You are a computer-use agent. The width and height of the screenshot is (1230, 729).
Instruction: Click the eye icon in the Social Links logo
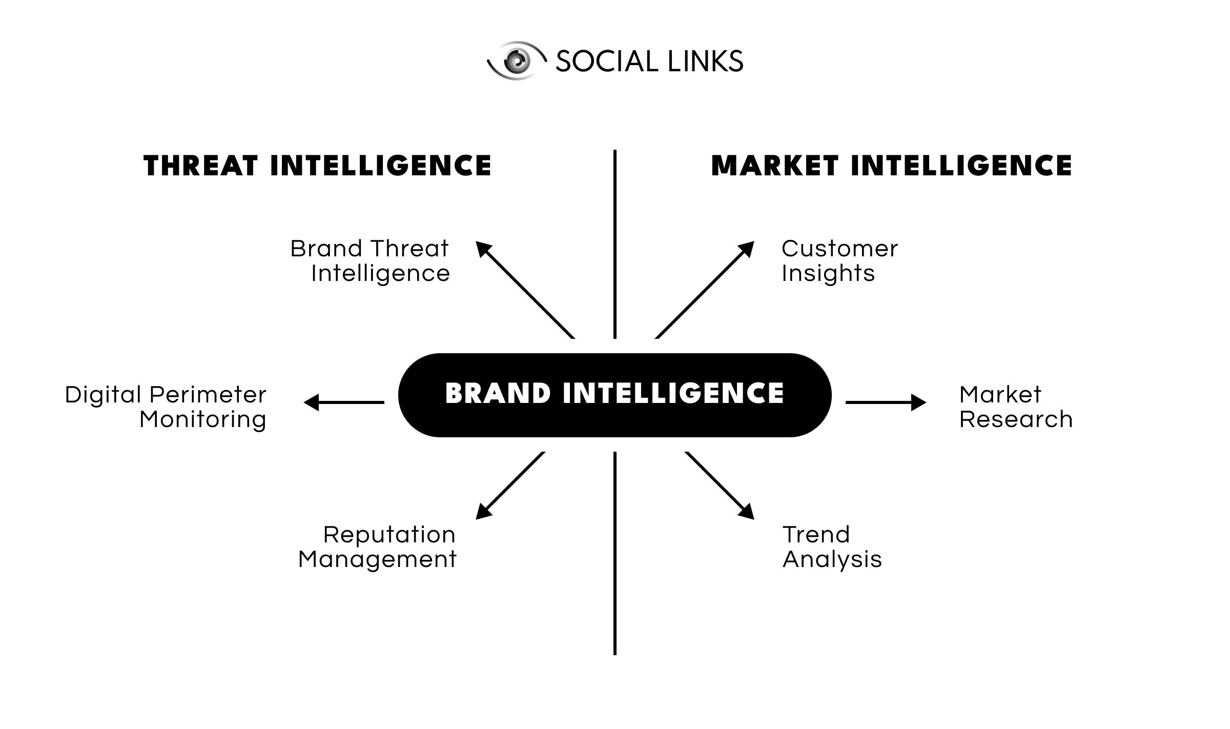pos(516,61)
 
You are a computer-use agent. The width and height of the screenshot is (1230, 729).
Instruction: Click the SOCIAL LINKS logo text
pos(649,62)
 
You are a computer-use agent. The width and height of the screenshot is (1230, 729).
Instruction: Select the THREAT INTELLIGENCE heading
pos(317,166)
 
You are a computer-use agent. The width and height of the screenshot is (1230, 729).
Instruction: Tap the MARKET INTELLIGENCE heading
pos(891,166)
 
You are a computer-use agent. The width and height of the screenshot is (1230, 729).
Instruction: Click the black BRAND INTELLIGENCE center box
pos(614,395)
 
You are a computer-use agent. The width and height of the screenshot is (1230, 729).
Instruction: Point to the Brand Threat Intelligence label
pos(370,260)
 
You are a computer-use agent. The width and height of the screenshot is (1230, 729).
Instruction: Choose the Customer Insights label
pos(839,260)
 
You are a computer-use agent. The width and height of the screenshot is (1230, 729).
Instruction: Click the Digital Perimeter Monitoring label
pos(166,407)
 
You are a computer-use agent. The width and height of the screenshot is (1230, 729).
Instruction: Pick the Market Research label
pos(1015,407)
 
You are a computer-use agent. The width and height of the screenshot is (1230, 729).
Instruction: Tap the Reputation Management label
pos(377,546)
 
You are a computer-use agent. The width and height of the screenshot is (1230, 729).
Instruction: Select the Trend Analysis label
pos(832,546)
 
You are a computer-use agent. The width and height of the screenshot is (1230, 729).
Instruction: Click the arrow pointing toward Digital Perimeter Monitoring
pos(344,402)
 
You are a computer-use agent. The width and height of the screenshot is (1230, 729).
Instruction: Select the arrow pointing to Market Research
pos(886,402)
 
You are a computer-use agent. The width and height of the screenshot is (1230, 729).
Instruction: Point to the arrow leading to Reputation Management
pos(510,485)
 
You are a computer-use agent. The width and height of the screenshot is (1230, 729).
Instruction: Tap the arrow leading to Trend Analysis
pos(720,485)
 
